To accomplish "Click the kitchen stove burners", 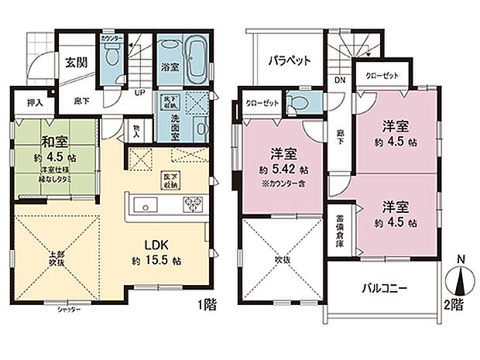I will point(191,204).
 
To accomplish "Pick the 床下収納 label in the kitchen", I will point(170,180).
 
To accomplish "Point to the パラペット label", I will point(290,59).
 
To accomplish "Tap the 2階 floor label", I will point(456,305).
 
